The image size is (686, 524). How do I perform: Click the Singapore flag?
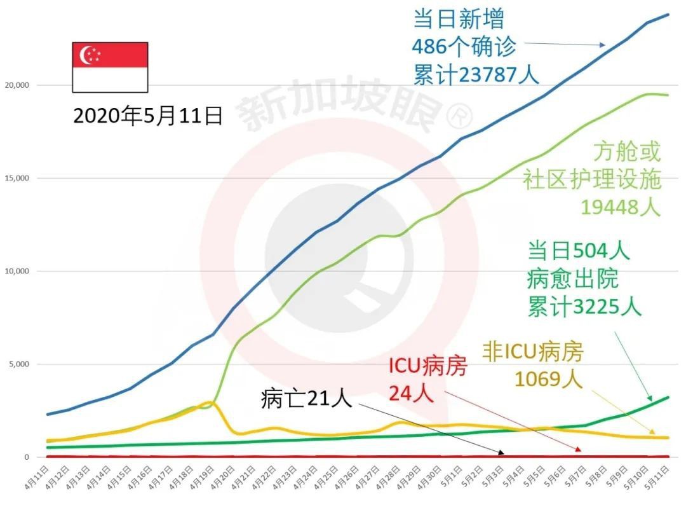tap(110, 67)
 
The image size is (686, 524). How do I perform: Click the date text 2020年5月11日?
tap(147, 116)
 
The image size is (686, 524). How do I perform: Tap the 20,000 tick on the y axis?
tap(17, 85)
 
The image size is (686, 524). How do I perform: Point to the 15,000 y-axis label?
tap(17, 178)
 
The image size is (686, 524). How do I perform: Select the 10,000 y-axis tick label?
tap(17, 272)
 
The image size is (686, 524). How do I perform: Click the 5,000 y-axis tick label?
tap(19, 364)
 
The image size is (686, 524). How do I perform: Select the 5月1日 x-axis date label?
tap(452, 477)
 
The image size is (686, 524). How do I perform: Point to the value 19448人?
tap(620, 207)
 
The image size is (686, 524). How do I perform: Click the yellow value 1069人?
tap(548, 379)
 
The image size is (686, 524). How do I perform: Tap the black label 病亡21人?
tap(306, 399)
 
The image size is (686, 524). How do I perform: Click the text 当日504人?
tap(579, 251)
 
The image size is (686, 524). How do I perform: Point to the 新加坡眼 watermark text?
tap(340, 104)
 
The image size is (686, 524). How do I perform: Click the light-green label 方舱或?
tap(627, 151)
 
